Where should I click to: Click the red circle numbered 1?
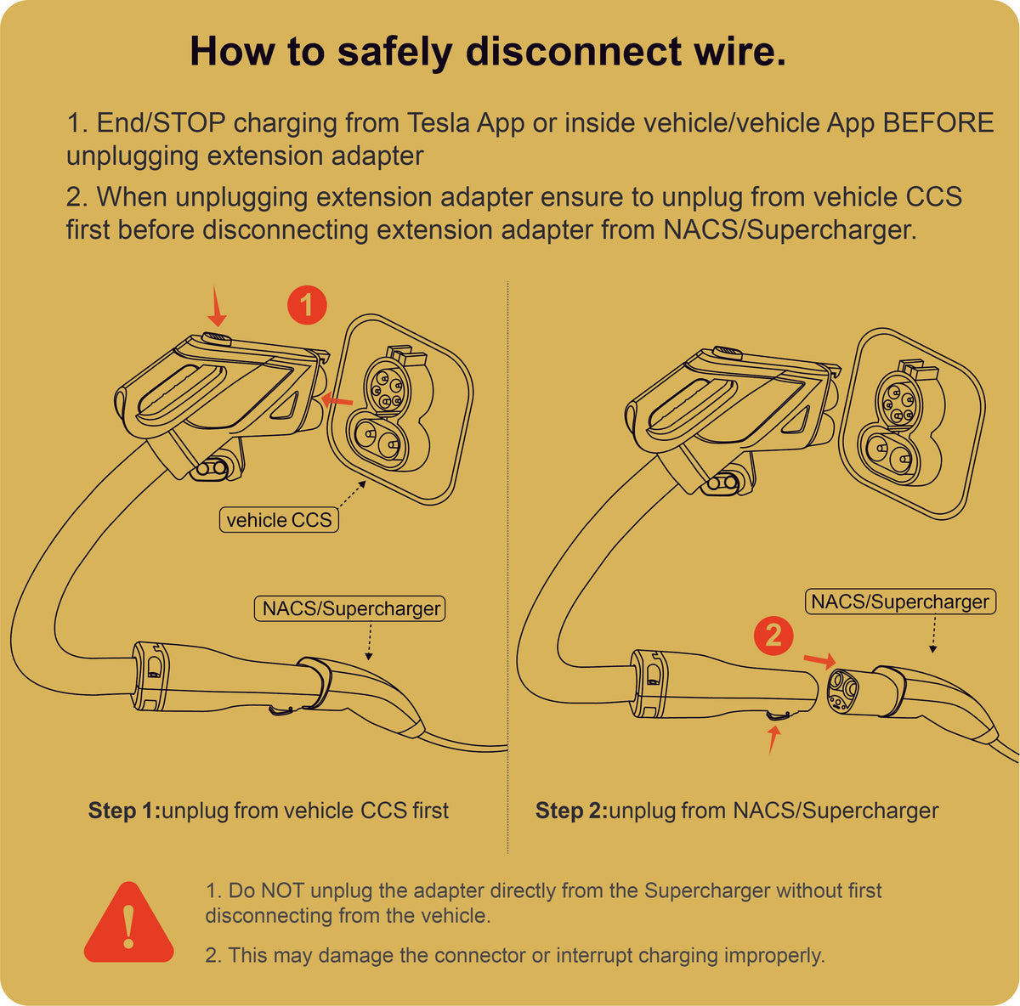point(307,304)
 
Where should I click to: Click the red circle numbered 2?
point(773,636)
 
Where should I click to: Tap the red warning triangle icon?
point(128,924)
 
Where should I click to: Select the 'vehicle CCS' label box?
point(279,520)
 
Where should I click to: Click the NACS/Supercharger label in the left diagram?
point(351,608)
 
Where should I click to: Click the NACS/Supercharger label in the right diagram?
point(900,602)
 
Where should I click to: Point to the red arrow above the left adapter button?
point(217,307)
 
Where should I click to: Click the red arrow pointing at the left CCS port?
point(338,399)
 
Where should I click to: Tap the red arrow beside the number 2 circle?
point(819,658)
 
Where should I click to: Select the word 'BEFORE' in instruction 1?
point(938,122)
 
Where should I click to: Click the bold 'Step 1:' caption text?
point(124,811)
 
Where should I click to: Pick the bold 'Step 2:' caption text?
point(571,811)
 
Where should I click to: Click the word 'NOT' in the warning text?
point(282,890)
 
